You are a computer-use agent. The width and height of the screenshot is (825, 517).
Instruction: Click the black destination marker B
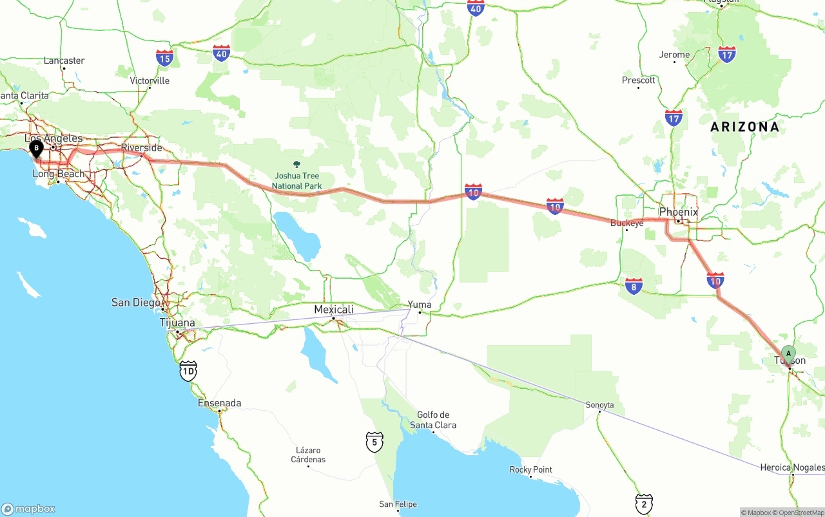click(37, 149)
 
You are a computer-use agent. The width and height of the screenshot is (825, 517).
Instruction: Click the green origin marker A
click(788, 353)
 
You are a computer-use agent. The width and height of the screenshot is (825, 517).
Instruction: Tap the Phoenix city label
click(678, 212)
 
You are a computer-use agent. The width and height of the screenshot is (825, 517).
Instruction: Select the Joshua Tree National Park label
click(296, 181)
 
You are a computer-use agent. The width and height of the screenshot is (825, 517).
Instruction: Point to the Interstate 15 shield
click(164, 59)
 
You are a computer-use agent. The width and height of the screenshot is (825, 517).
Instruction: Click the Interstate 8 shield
click(634, 286)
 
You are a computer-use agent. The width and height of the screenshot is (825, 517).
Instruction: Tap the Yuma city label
click(420, 305)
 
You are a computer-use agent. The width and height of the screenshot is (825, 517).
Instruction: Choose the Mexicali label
click(334, 310)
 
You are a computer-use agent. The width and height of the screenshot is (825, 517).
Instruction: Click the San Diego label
click(135, 303)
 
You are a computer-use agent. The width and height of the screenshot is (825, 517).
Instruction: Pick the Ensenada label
click(219, 403)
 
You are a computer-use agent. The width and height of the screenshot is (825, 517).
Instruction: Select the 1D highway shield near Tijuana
click(188, 371)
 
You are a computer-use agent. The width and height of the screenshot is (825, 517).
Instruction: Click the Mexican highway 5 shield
click(374, 442)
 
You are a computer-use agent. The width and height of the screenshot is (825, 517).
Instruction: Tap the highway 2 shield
click(643, 503)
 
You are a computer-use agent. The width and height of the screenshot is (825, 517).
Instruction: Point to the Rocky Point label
click(530, 469)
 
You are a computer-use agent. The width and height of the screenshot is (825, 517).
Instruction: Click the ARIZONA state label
click(744, 127)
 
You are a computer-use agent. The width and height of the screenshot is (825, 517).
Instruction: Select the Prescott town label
click(638, 80)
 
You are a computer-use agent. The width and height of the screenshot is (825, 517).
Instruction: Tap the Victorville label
click(150, 80)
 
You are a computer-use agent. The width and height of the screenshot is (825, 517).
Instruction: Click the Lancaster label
click(64, 61)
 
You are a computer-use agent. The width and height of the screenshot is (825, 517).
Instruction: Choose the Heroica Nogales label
click(792, 467)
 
